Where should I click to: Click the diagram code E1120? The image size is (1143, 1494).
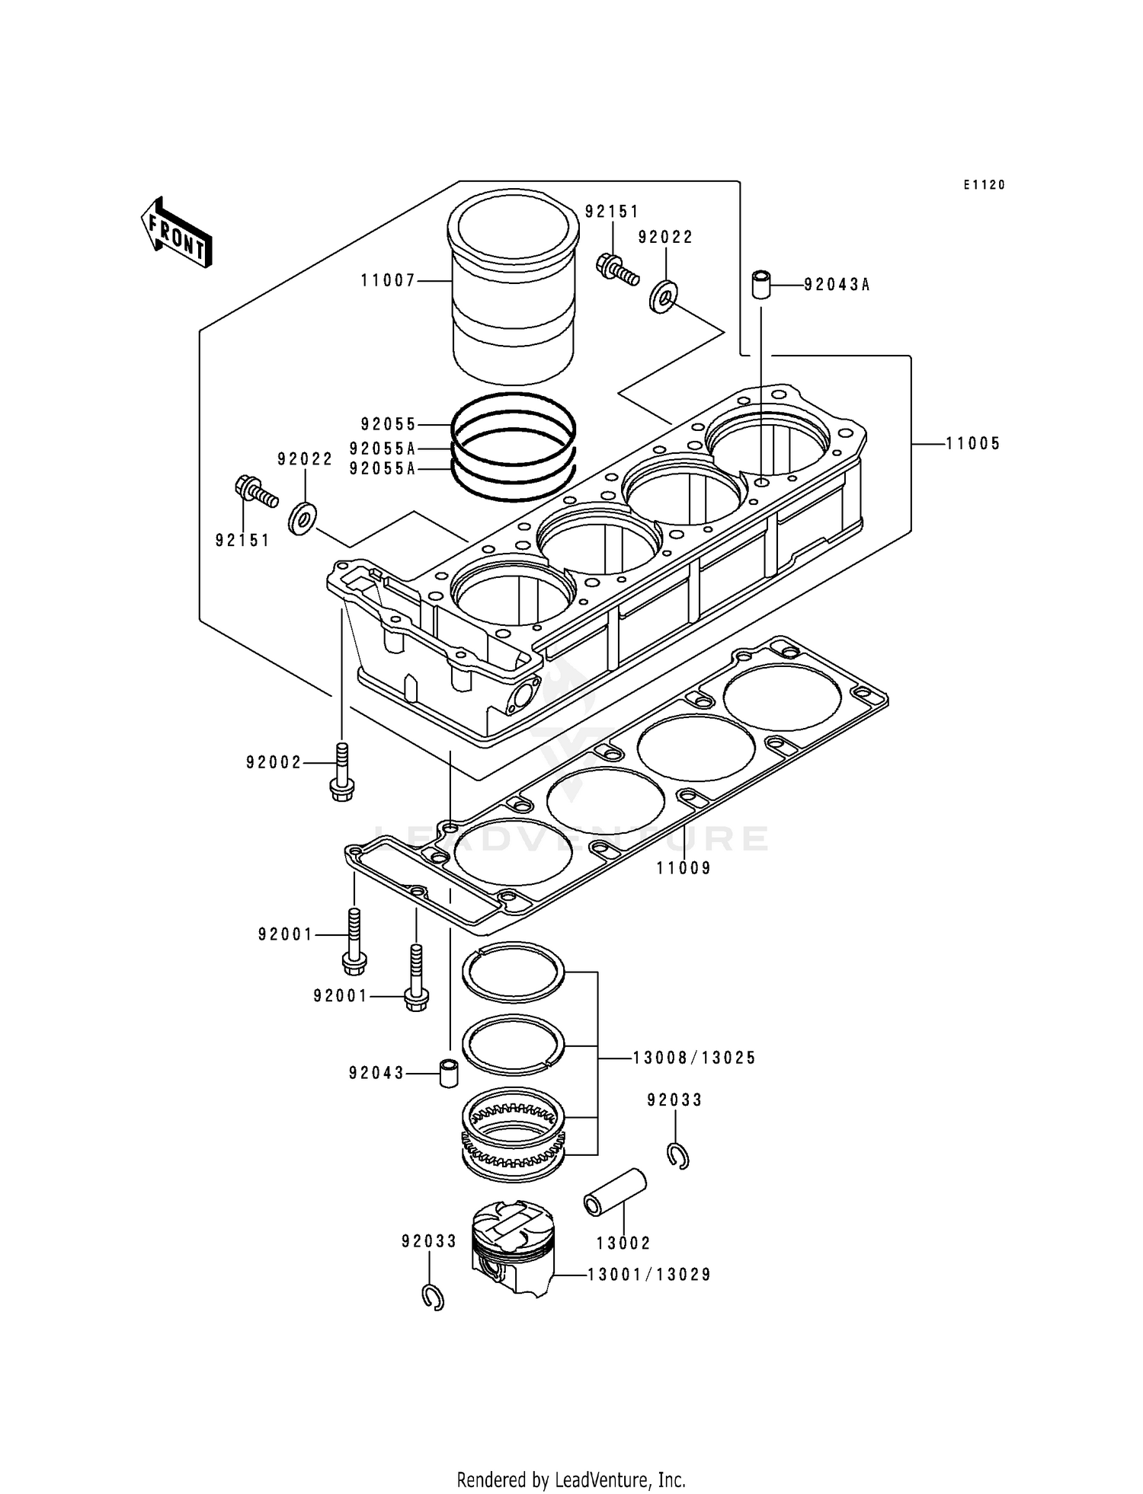984,185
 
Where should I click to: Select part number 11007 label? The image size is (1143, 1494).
388,281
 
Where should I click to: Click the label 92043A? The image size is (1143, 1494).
837,286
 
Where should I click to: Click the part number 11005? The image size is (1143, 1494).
973,444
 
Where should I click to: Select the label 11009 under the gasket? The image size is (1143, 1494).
684,868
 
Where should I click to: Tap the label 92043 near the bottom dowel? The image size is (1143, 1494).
376,1074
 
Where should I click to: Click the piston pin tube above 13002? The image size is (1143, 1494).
615,1194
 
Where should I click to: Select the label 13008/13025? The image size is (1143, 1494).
693,1058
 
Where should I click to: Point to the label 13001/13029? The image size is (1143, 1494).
648,1274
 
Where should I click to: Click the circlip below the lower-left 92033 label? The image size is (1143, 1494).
433,1297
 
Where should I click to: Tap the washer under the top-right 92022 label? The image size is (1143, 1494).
664,296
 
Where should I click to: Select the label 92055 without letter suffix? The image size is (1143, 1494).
389,424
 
